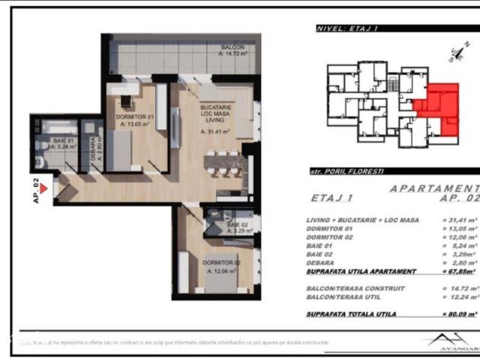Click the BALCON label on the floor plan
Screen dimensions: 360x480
[232, 47]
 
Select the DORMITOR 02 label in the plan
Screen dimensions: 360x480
[221, 262]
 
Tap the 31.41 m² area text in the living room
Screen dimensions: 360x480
[214, 131]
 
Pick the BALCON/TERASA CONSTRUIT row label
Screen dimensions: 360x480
[356, 287]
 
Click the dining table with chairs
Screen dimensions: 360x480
[223, 163]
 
